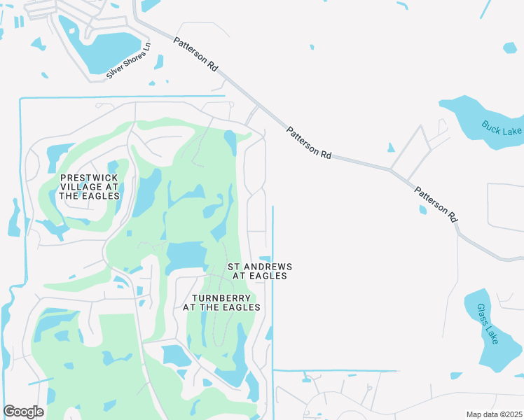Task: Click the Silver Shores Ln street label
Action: click(129, 61)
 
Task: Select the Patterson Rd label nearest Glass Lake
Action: click(435, 204)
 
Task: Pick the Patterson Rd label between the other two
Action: click(308, 142)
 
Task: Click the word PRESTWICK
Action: click(89, 178)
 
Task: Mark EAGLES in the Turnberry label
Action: click(244, 307)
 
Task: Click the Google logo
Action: click(24, 411)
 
